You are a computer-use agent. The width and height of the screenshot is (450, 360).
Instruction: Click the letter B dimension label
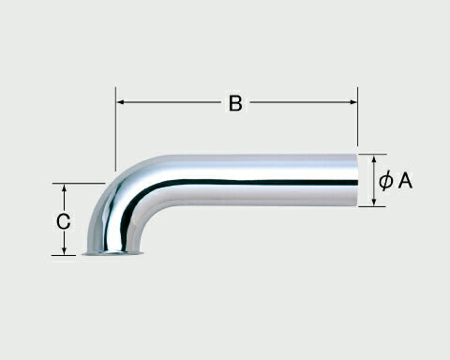pyautogui.click(x=235, y=103)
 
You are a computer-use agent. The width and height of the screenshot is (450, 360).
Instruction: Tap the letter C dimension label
pyautogui.click(x=64, y=221)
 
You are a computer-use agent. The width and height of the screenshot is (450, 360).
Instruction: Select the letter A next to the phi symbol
pyautogui.click(x=405, y=181)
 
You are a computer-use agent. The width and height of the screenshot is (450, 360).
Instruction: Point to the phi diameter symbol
pyautogui.click(x=386, y=182)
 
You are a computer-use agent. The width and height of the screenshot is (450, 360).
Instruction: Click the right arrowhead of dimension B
pyautogui.click(x=353, y=102)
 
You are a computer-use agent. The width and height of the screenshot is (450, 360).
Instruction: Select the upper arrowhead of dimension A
pyautogui.click(x=374, y=159)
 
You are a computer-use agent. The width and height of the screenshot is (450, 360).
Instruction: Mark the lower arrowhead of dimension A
pyautogui.click(x=374, y=202)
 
